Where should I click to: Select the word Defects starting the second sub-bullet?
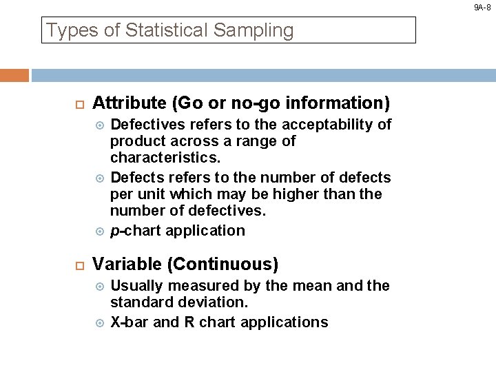pos(136,177)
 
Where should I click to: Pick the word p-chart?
pos(136,231)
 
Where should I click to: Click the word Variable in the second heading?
pos(121,264)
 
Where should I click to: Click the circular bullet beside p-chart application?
pos(99,231)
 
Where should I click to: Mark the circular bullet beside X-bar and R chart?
pos(99,322)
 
